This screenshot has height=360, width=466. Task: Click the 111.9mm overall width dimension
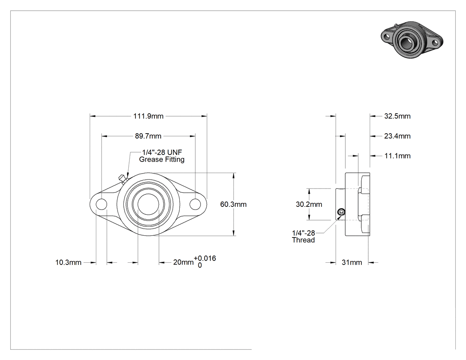[x=148, y=116]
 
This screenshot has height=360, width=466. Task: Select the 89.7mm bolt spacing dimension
[x=148, y=136]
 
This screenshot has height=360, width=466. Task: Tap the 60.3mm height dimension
[x=233, y=204]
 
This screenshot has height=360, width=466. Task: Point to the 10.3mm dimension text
[x=68, y=262]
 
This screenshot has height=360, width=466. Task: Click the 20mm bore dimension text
[x=183, y=262]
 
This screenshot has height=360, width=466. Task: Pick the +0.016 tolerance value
[x=205, y=258]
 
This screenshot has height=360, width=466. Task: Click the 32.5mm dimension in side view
[x=397, y=116]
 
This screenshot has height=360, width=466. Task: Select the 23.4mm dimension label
[x=397, y=136]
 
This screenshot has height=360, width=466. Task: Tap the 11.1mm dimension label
[x=397, y=156]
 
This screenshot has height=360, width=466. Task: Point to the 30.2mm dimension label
[x=309, y=204]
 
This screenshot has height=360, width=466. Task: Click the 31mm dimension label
[x=352, y=262]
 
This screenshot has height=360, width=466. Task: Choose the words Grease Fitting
[x=162, y=159]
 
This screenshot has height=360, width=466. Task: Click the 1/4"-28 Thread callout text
[x=304, y=237]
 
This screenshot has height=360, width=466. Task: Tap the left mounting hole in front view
[x=101, y=204]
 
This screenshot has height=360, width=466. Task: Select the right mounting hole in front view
[x=195, y=204]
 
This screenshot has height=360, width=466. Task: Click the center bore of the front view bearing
[x=148, y=204]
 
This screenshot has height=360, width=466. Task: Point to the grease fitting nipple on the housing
[x=122, y=179]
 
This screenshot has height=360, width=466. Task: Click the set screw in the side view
[x=341, y=212]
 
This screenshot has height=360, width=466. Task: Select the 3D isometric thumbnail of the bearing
[x=412, y=40]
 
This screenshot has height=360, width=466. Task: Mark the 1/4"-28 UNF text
[x=162, y=152]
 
